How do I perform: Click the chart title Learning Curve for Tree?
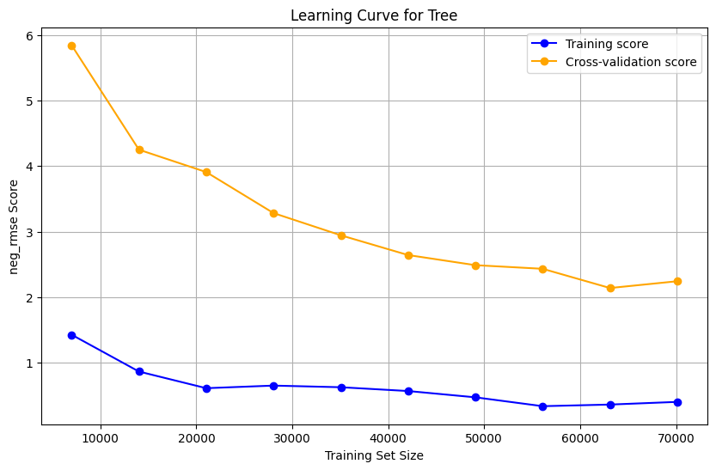[x=373, y=15]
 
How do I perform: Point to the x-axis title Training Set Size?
[x=374, y=455]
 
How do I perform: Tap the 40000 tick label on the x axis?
[x=389, y=436]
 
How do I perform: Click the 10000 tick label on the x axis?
[x=101, y=436]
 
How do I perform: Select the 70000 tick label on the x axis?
[x=676, y=436]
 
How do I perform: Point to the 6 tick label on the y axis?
[x=28, y=35]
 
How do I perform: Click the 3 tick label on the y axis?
[x=28, y=232]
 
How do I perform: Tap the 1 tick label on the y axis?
[x=28, y=363]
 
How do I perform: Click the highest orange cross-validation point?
[x=71, y=46]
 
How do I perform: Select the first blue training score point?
[x=71, y=335]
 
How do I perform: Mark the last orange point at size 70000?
[x=677, y=281]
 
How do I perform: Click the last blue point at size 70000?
[x=677, y=402]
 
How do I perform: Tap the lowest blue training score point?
[x=543, y=406]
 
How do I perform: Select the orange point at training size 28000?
[x=273, y=213]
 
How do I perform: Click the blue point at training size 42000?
[x=408, y=391]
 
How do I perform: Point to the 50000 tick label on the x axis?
[x=484, y=436]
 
